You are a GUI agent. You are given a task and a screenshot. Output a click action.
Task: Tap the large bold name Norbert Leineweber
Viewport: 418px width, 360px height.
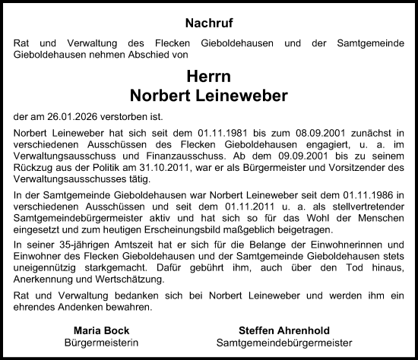click(208, 96)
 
